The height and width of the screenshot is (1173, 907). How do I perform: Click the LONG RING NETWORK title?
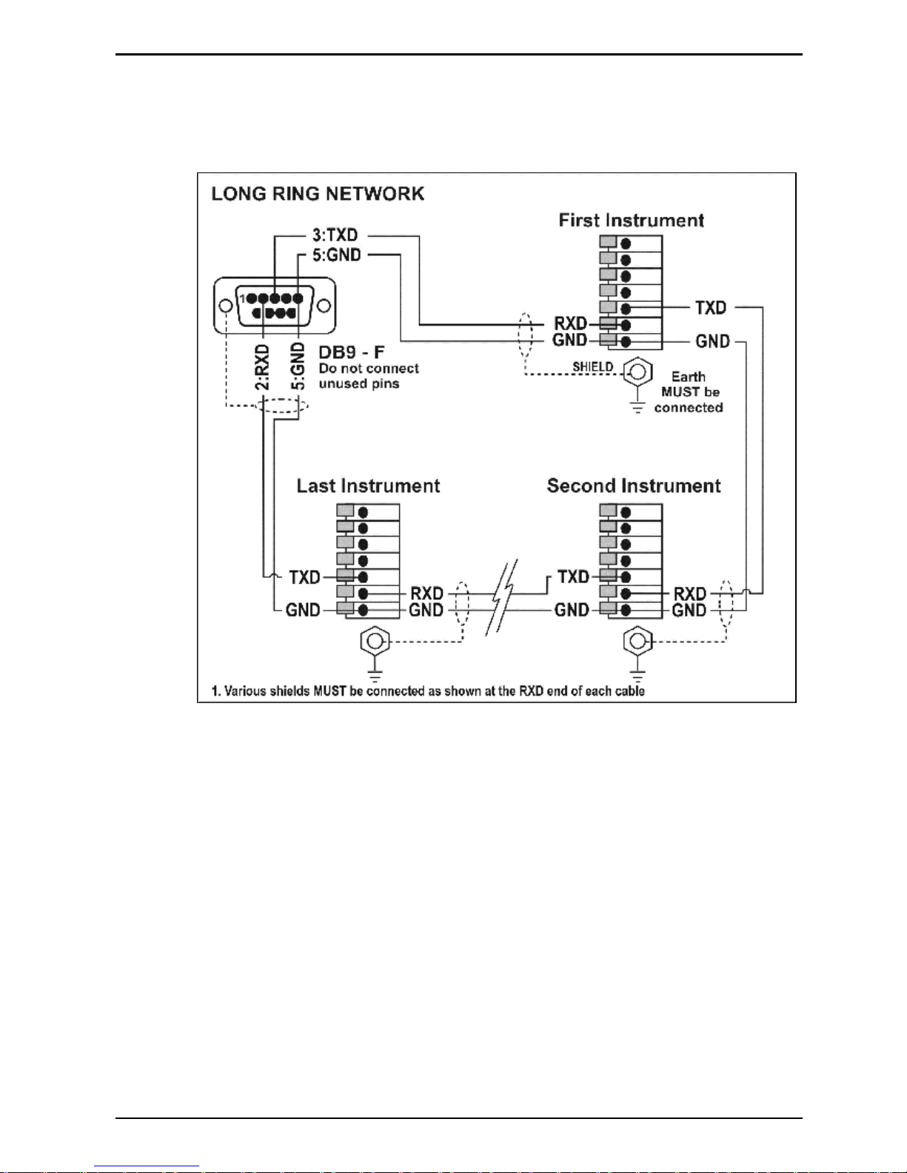coord(318,194)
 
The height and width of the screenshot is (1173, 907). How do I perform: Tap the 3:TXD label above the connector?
coord(335,235)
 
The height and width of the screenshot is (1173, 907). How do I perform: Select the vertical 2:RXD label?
coord(262,367)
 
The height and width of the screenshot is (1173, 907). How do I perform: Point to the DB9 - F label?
coord(352,352)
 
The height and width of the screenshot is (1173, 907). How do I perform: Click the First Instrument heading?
coord(631,221)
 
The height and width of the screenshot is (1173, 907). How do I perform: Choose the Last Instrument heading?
coord(368,485)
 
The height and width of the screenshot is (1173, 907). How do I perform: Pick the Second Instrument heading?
coord(634,485)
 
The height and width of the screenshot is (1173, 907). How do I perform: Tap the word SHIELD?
coord(593,366)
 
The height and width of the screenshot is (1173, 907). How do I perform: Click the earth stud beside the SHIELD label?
coord(637,372)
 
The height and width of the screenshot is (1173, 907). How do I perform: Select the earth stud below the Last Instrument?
coord(375,642)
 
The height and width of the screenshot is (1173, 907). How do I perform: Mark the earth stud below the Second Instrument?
coord(637,642)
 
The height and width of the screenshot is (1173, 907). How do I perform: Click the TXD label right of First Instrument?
coord(711,308)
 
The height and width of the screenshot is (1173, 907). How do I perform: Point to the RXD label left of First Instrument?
coord(571,323)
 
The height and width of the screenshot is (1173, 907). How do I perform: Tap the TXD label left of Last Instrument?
coord(304,577)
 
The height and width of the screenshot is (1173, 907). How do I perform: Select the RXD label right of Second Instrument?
coord(689,594)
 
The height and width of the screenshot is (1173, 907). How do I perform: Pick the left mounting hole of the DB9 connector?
coord(226,306)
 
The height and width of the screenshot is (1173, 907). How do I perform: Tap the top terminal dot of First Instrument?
coord(626,244)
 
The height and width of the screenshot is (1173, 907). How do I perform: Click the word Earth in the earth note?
coord(689,376)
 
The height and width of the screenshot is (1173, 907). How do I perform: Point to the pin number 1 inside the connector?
coord(242,298)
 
